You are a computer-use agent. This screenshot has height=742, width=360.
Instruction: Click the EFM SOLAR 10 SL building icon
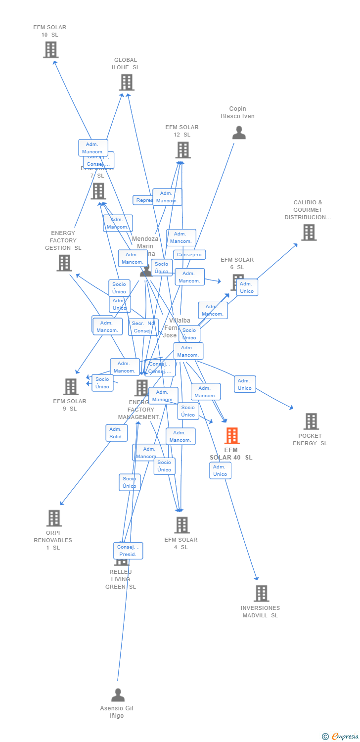(50, 49)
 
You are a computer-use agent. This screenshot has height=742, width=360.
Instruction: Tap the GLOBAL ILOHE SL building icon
(127, 82)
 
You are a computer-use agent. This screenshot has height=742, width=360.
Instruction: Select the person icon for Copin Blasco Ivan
(239, 133)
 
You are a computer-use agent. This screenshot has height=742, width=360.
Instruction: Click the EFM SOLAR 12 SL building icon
(182, 150)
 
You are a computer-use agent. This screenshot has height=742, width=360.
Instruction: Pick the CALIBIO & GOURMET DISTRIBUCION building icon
(309, 232)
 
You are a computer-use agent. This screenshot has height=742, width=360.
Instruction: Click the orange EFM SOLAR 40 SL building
(232, 436)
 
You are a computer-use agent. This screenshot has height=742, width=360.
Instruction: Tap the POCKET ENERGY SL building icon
(311, 421)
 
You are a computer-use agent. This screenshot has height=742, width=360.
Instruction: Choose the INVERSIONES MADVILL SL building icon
(261, 593)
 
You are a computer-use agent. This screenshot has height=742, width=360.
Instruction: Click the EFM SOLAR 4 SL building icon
(182, 525)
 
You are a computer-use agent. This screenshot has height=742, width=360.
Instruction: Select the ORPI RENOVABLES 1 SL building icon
(54, 518)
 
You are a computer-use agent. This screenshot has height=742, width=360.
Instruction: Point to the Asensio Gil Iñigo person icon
(118, 695)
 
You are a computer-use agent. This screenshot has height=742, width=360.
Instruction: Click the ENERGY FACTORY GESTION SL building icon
(64, 263)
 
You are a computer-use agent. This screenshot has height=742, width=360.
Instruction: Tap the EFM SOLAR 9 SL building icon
(71, 386)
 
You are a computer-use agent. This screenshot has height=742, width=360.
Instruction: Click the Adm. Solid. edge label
(116, 433)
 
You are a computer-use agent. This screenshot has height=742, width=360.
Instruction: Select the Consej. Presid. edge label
(128, 551)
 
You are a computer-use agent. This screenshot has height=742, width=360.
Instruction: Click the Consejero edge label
(189, 255)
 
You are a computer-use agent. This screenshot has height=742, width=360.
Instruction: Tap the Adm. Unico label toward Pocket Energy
(245, 384)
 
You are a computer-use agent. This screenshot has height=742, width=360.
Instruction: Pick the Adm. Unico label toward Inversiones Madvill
(220, 470)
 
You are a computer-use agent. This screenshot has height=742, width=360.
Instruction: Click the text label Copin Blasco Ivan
(238, 112)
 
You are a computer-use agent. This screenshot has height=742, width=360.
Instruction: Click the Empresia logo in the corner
(341, 737)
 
